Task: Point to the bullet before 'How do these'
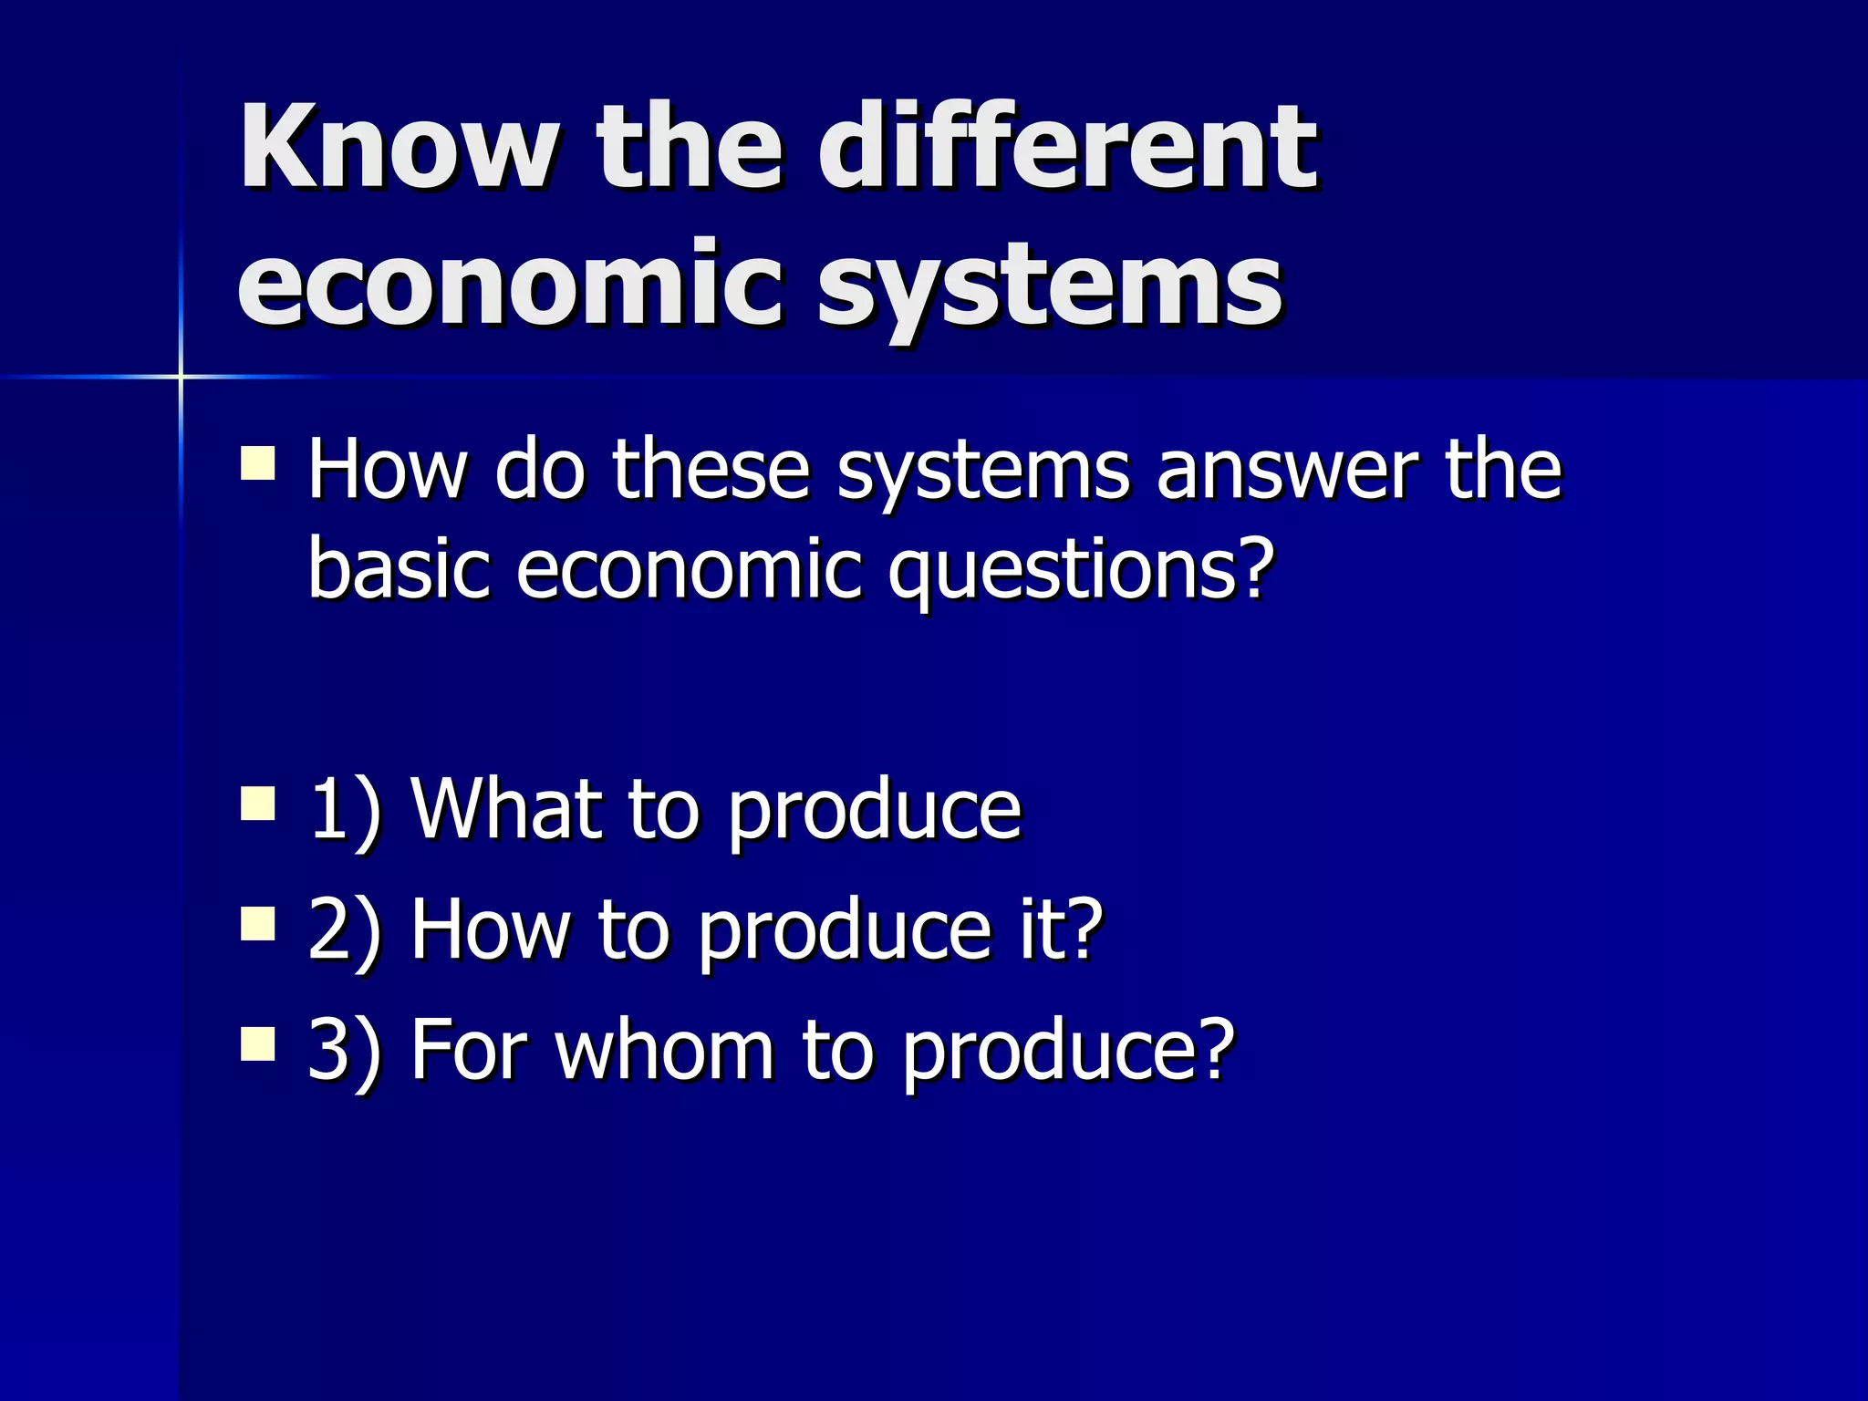click(258, 462)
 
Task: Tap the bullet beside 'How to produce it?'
click(258, 924)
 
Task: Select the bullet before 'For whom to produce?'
click(258, 1045)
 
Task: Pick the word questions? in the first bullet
click(1082, 570)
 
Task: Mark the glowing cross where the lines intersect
click(181, 376)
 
